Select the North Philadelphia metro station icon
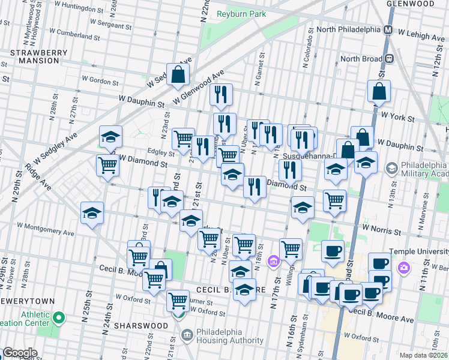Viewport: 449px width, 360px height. pyautogui.click(x=388, y=29)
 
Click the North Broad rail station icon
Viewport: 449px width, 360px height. pyautogui.click(x=389, y=59)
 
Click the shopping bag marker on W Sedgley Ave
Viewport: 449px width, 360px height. pyautogui.click(x=178, y=75)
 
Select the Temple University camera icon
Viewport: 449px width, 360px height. pyautogui.click(x=405, y=266)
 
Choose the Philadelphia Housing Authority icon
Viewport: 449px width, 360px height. pyautogui.click(x=188, y=333)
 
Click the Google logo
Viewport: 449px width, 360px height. pyautogui.click(x=19, y=353)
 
